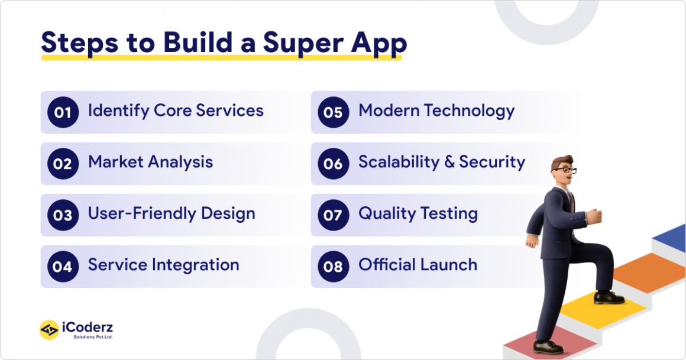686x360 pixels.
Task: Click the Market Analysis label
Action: [150, 162]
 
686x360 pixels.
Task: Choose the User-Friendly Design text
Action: [171, 213]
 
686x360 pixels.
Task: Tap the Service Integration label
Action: [163, 265]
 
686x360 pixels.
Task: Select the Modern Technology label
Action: [436, 111]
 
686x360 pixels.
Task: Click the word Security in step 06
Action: [492, 162]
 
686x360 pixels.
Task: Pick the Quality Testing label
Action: [418, 213]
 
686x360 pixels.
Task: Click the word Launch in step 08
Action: [449, 265]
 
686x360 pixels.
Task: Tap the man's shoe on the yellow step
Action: [609, 297]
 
